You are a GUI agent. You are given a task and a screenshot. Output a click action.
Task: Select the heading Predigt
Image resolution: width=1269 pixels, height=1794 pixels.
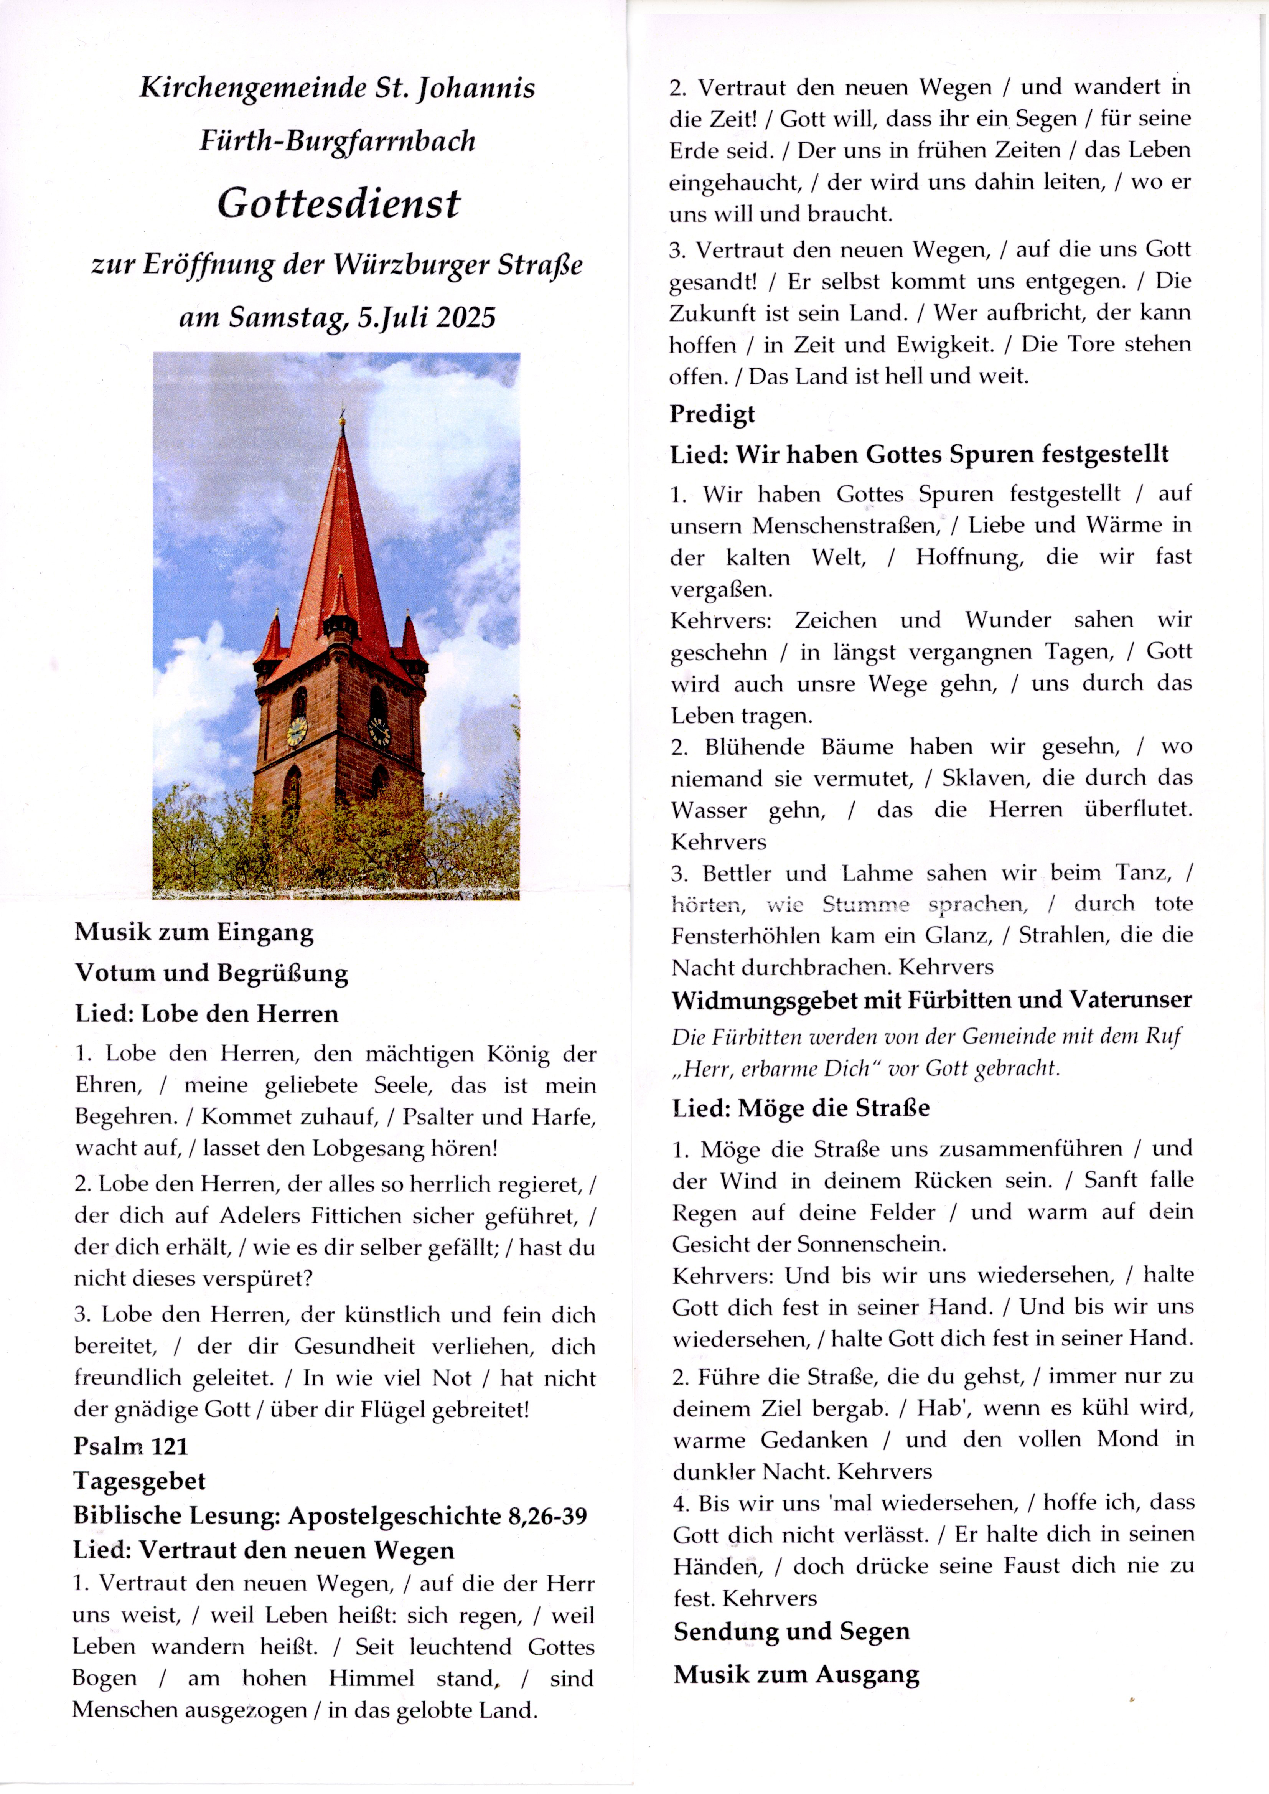[x=712, y=414]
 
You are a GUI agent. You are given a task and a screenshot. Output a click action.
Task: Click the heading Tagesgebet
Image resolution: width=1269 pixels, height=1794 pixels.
[x=139, y=1481]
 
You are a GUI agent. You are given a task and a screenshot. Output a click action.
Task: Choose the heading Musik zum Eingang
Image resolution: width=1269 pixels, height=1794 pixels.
[x=194, y=932]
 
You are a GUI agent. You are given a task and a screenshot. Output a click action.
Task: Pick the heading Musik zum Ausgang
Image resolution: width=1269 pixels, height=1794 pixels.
[x=796, y=1674]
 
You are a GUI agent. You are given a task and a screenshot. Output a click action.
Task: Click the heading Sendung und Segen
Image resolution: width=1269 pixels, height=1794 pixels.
[x=791, y=1631]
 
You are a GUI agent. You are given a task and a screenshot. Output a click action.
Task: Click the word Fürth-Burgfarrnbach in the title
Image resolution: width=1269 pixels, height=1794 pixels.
[x=338, y=141]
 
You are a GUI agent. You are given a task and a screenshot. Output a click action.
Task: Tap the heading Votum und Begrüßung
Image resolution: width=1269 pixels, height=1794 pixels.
[x=211, y=973]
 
